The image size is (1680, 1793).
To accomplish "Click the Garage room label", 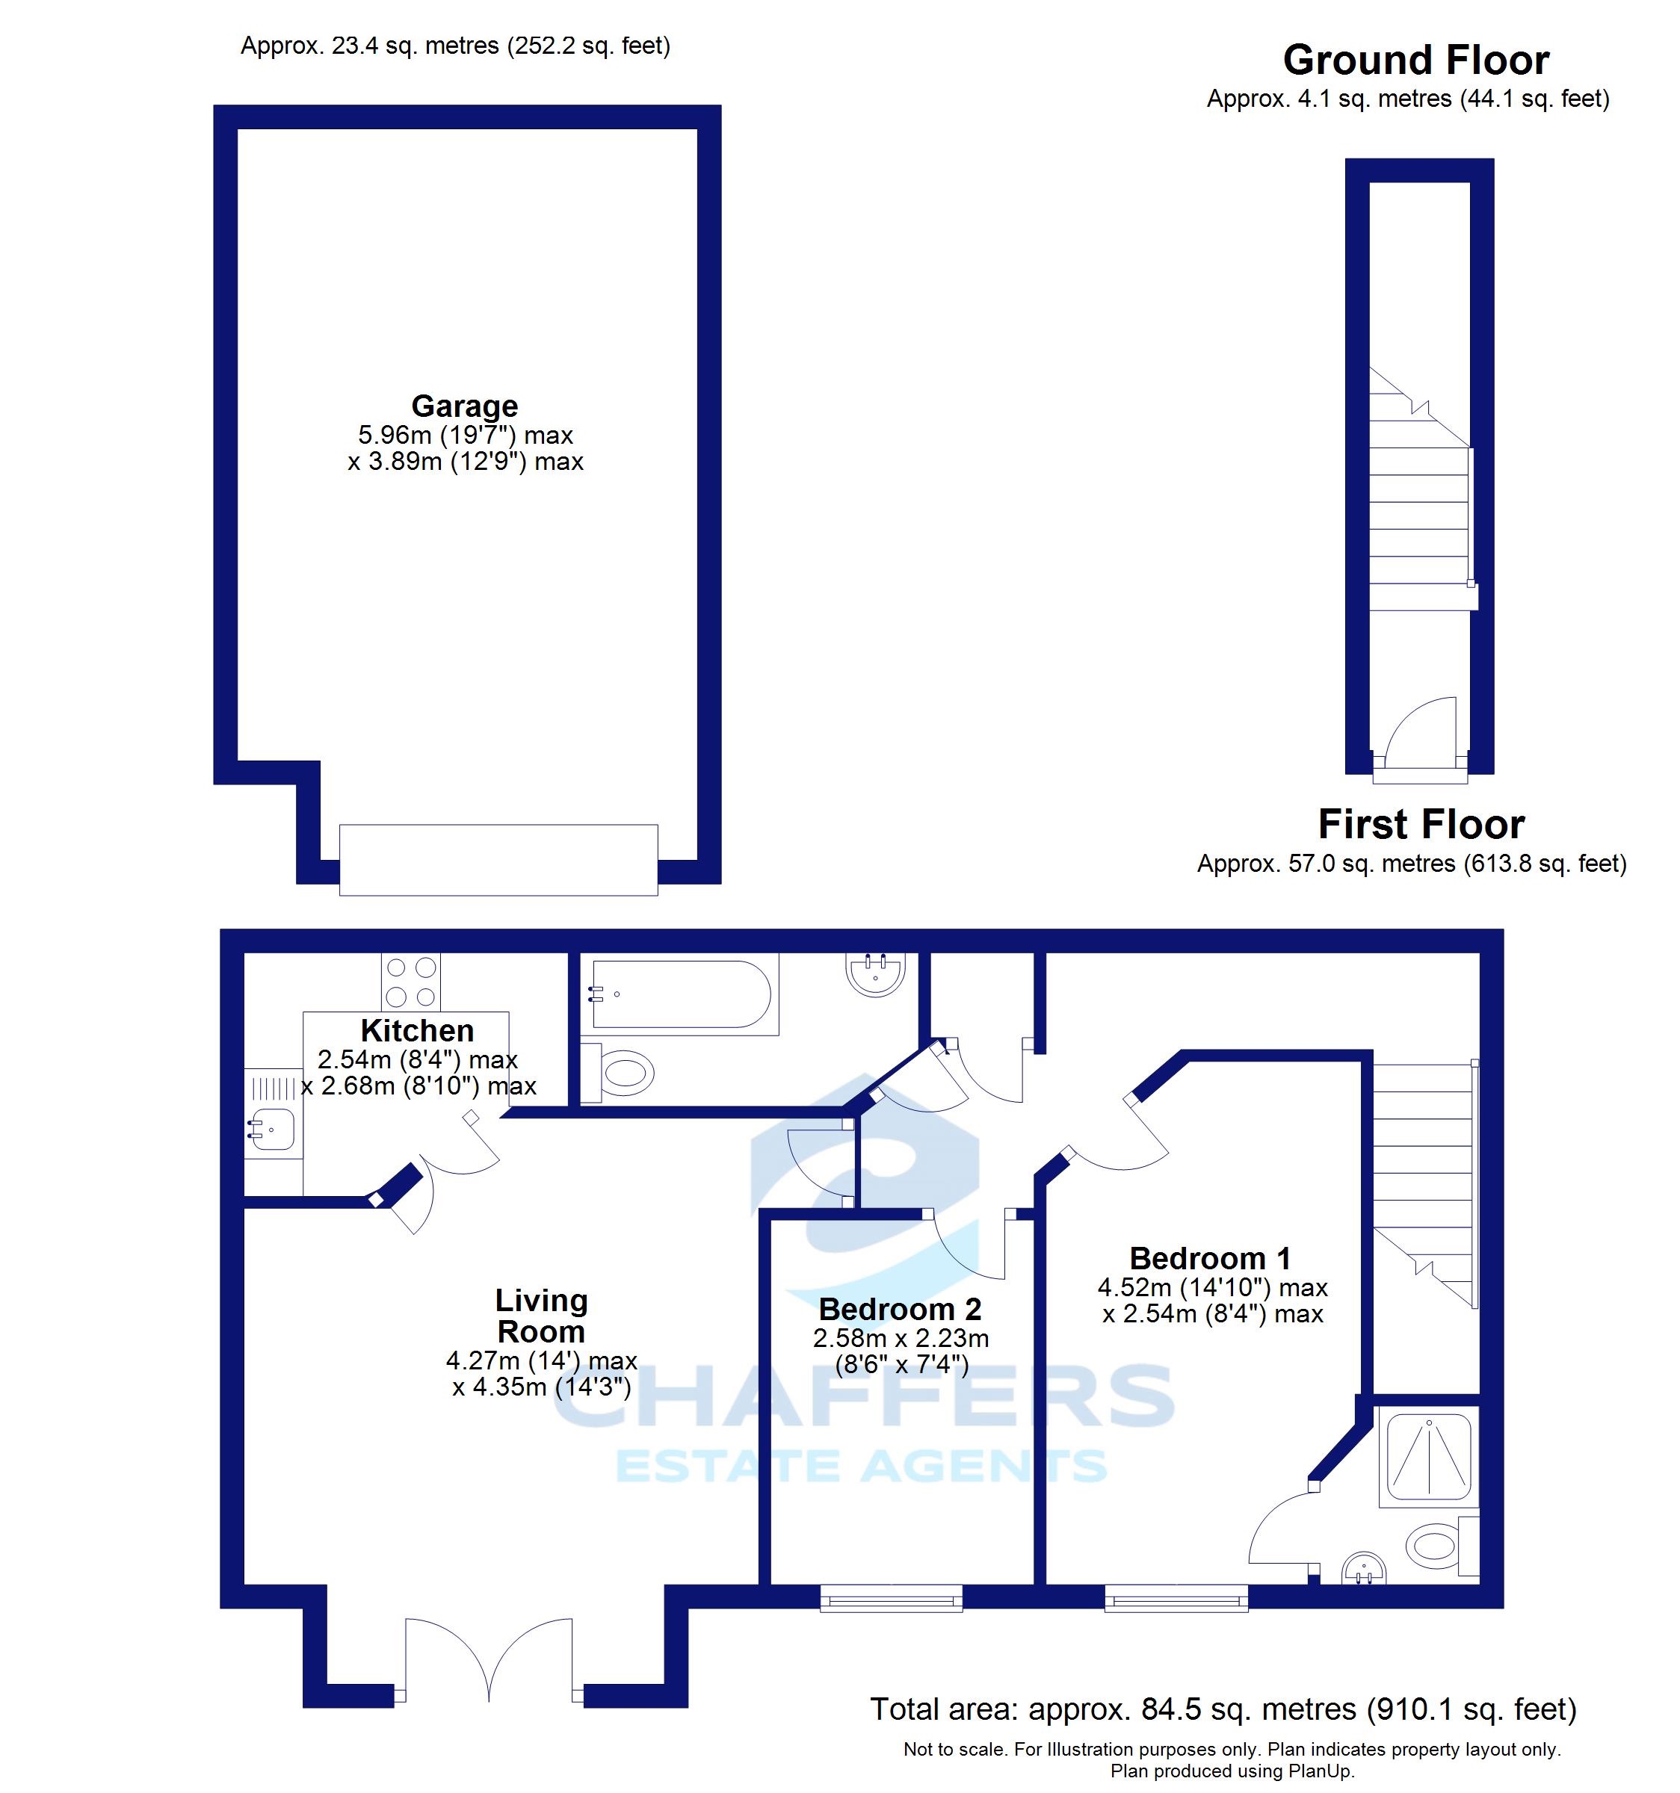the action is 464,406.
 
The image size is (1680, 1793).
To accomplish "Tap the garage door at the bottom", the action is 498,860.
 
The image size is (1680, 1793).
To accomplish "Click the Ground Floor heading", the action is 1415,61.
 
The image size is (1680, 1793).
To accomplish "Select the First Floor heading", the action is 1421,823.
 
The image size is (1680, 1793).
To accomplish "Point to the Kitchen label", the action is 417,1030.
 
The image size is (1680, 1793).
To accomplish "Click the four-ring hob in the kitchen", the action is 410,981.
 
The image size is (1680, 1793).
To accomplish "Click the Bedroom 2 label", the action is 900,1309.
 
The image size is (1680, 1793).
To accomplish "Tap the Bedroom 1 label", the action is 1210,1257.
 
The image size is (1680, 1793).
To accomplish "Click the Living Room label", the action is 541,1315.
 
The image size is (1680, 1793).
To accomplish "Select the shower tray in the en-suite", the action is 1428,1457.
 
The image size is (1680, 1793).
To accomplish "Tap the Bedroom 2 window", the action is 891,1598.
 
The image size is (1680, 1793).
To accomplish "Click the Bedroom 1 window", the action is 1176,1598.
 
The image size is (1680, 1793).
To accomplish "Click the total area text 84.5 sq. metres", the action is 1223,1709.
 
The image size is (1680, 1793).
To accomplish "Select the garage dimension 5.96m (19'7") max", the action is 466,435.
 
